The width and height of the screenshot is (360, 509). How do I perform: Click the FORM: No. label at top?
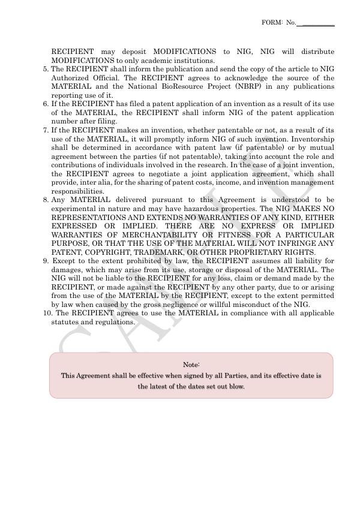coord(278,22)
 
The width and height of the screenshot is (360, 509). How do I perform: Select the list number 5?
coord(46,70)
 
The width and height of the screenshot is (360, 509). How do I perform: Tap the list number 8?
coord(46,200)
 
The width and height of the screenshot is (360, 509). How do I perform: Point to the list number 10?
coord(47,314)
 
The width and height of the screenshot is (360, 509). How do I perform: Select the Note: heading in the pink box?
coord(191,365)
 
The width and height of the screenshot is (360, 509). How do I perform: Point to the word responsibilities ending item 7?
coord(77,191)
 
